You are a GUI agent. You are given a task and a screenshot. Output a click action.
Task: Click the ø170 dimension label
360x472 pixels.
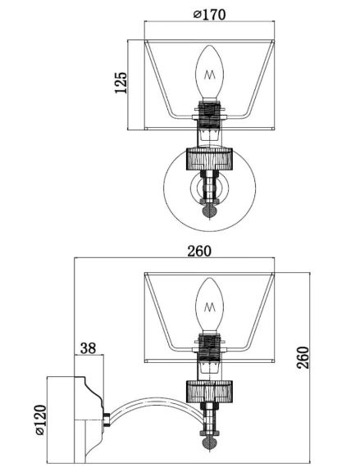click(x=209, y=14)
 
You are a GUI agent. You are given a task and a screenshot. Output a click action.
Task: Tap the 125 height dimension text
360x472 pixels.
click(x=121, y=83)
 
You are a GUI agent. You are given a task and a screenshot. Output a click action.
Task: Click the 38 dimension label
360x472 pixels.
click(x=89, y=348)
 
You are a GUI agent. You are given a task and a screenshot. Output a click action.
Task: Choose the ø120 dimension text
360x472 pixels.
click(x=41, y=420)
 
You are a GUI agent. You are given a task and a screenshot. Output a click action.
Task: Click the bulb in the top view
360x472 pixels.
click(x=210, y=72)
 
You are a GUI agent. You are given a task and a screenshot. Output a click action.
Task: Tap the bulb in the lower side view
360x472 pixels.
click(x=210, y=305)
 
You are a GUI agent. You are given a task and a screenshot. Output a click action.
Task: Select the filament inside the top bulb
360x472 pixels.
click(x=210, y=75)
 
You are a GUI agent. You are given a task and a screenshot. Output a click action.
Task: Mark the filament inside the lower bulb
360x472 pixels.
click(x=210, y=307)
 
